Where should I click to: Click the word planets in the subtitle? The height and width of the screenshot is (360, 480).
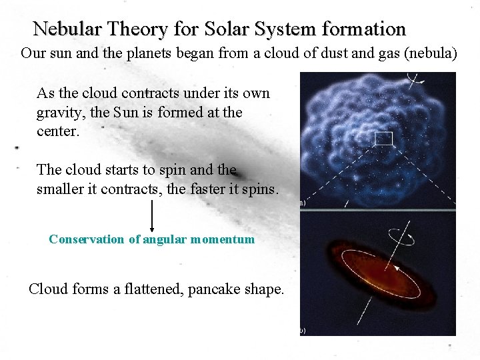point(148,53)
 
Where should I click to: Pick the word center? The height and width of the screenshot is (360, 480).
point(58,131)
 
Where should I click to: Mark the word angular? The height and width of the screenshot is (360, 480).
point(163,239)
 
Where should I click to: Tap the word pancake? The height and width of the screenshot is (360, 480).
point(218,289)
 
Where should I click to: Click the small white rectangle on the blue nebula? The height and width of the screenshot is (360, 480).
point(384,139)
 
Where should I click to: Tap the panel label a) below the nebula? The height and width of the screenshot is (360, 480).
point(302,202)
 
